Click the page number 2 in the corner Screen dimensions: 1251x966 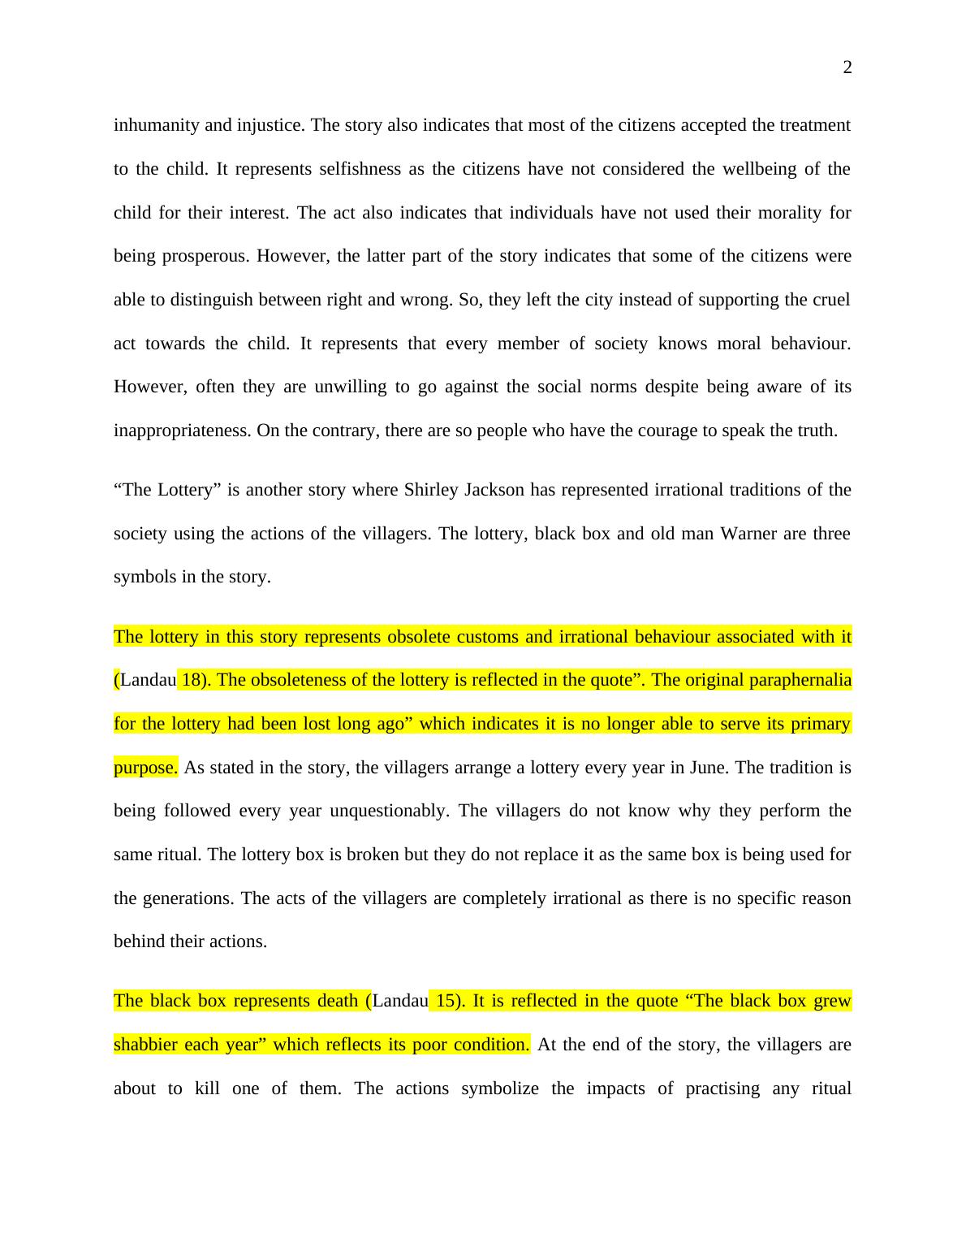(847, 68)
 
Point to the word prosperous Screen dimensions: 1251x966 (207, 256)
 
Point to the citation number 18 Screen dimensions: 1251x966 (192, 680)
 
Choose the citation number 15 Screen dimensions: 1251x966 (446, 1001)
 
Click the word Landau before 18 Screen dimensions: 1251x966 (148, 680)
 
